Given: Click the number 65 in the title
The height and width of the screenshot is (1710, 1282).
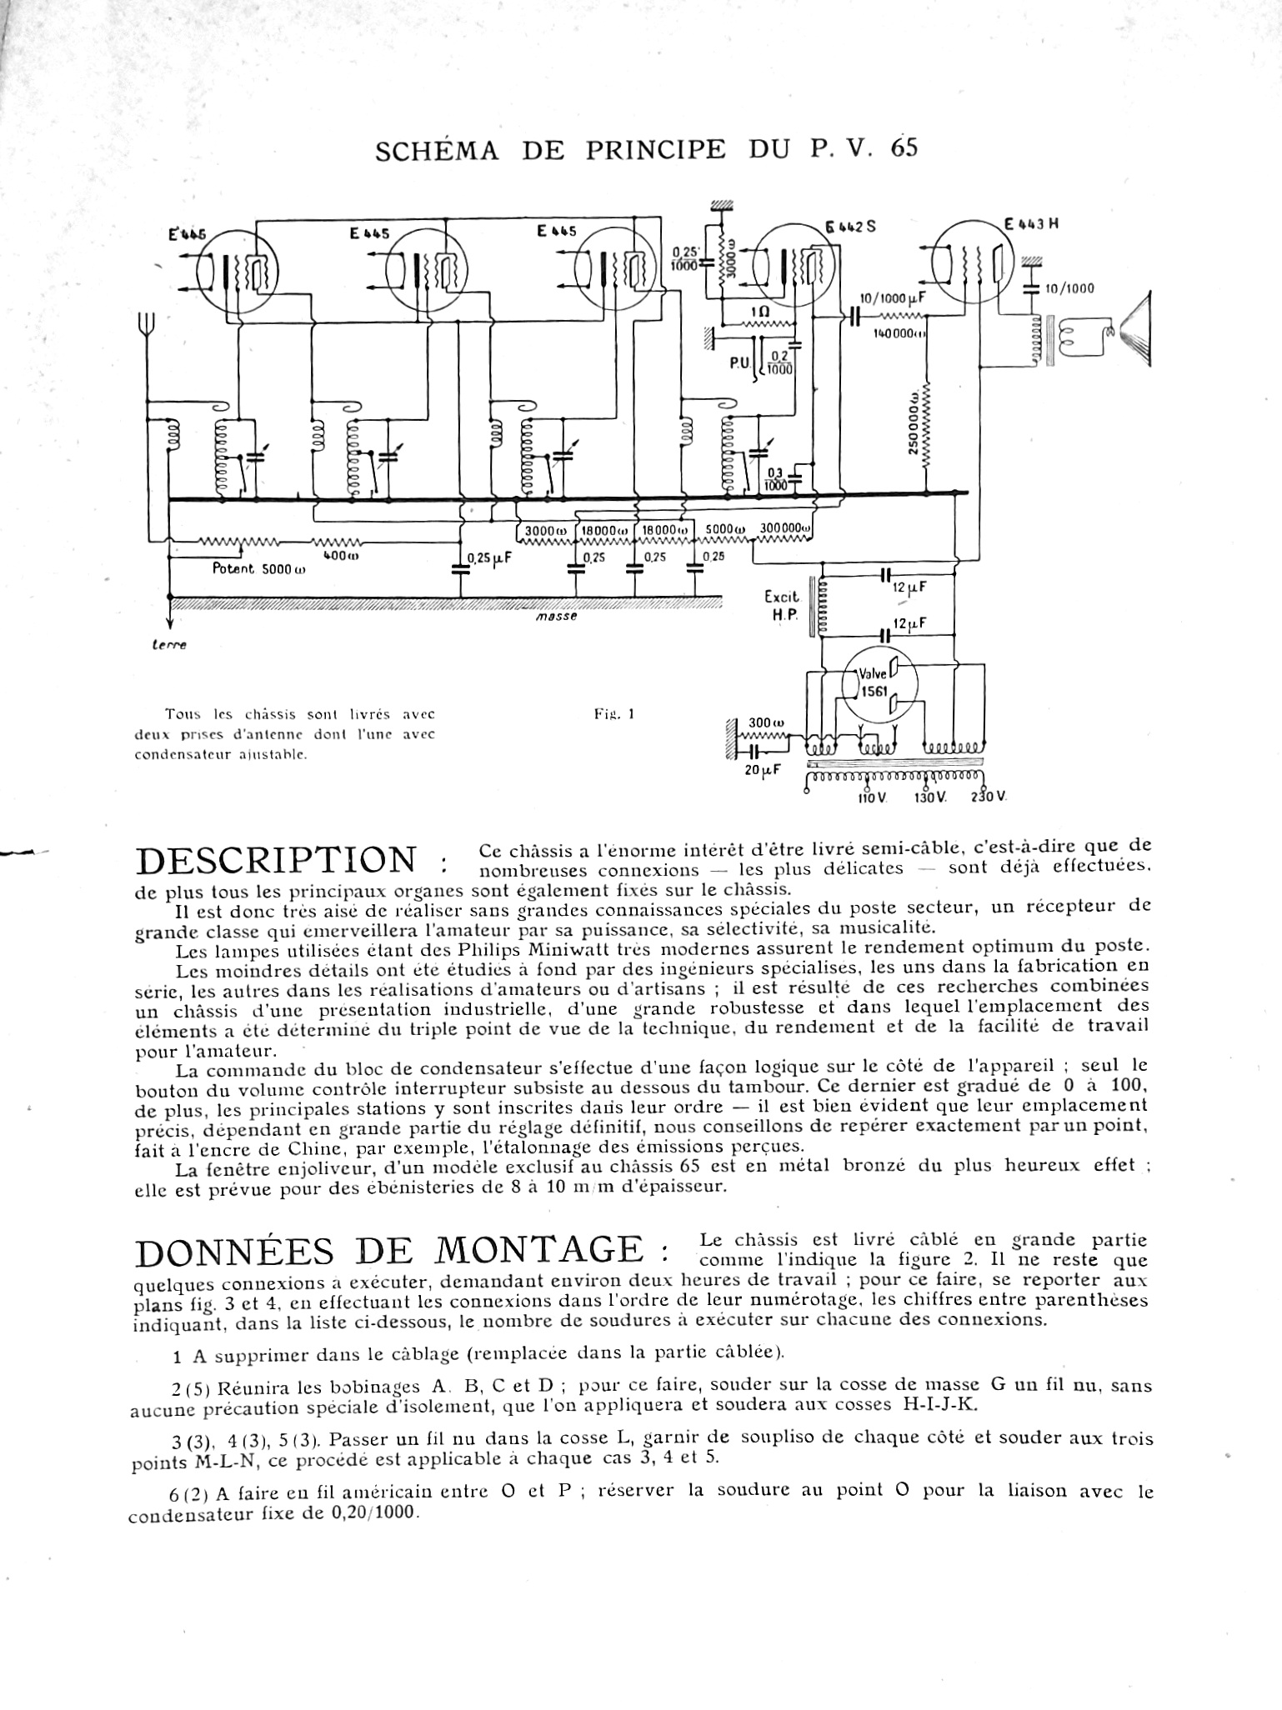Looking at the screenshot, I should [x=903, y=147].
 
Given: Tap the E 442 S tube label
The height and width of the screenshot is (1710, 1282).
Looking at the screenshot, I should [x=850, y=226].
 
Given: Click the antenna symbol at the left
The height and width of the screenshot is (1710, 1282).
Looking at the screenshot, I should [x=148, y=325].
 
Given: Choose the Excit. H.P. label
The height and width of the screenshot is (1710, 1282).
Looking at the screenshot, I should [x=781, y=605].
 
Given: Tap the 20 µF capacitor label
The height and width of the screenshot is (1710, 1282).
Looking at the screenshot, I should [x=762, y=769].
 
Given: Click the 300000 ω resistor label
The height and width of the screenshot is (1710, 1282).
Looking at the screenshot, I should [x=785, y=528].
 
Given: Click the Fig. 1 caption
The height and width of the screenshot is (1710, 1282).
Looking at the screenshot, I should [x=615, y=713].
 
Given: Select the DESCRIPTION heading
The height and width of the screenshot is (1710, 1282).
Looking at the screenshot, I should [x=275, y=862].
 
